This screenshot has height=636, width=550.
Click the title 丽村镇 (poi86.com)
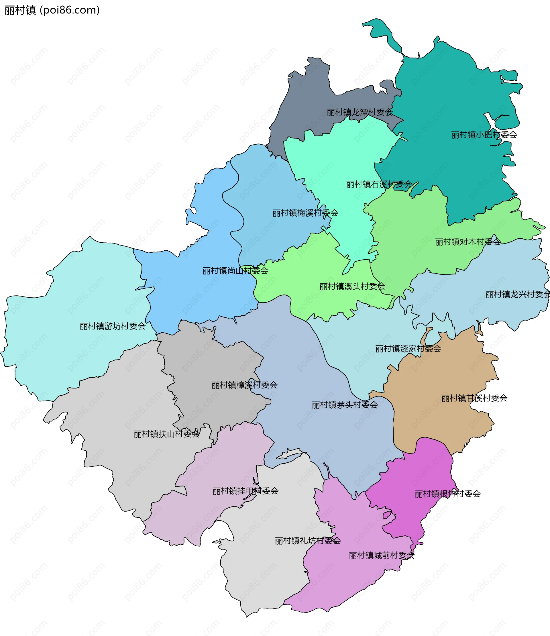point(52,10)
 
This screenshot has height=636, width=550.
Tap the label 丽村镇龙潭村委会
point(360,112)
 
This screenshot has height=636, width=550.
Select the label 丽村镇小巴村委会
point(484,135)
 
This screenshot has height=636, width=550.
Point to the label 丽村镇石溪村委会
point(379,184)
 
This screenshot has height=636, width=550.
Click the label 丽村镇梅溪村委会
point(305,213)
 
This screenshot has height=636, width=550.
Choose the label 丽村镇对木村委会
point(467,242)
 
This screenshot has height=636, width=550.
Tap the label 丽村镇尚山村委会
point(235,271)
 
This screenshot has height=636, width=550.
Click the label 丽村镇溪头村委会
point(352,287)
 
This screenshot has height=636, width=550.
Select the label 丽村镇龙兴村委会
point(517,295)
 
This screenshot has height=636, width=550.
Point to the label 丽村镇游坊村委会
point(112,326)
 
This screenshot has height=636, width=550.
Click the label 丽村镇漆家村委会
point(408,349)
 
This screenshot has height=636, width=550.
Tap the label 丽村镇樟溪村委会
point(244,385)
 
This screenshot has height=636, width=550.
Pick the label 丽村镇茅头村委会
point(344,405)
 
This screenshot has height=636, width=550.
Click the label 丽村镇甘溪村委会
point(474,399)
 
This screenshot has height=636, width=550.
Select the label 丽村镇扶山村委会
point(166,434)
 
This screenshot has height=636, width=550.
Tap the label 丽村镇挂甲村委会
point(245,491)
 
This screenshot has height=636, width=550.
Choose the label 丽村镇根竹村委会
point(447,494)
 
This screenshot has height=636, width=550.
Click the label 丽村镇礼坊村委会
point(308,541)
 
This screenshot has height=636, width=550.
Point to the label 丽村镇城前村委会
point(382,555)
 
